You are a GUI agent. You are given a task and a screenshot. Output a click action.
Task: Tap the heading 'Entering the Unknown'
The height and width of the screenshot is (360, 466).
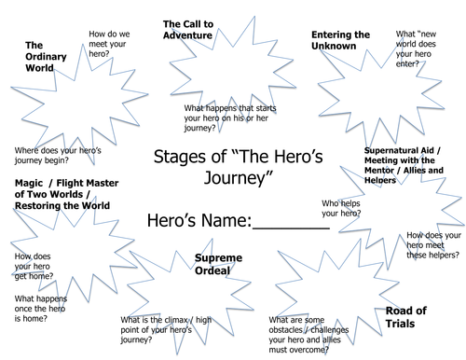coord(339,41)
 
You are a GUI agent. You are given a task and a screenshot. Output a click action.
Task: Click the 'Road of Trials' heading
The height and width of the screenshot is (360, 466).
coord(408,318)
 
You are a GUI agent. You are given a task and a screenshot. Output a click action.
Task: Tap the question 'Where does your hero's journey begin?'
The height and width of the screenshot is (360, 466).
coord(52,157)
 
